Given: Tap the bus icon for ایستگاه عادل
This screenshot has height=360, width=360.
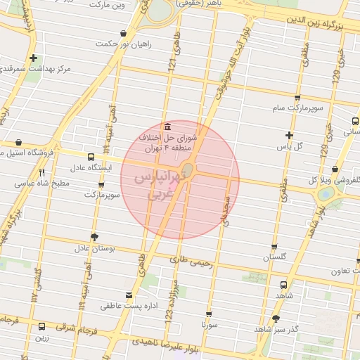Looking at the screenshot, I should click(x=91, y=157).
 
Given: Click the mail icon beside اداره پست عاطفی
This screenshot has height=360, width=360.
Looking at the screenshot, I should click(x=128, y=295).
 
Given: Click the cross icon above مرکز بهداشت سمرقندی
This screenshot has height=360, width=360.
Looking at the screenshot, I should click(x=34, y=58).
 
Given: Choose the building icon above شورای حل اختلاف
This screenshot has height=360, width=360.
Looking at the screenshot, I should click(x=167, y=126).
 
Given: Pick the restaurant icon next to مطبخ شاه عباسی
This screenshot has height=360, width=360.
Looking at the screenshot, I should click(x=41, y=172).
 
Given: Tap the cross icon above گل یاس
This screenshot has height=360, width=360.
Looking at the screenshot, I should click(x=289, y=134).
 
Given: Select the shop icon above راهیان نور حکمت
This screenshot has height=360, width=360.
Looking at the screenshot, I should click(x=124, y=33).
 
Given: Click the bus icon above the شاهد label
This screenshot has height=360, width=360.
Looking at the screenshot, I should click(x=283, y=285).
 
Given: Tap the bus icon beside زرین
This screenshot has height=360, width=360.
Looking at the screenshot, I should click(x=41, y=326).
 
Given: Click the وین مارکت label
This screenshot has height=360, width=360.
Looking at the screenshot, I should click(x=107, y=4).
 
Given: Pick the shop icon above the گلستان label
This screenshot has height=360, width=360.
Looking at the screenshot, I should click(x=274, y=247).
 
